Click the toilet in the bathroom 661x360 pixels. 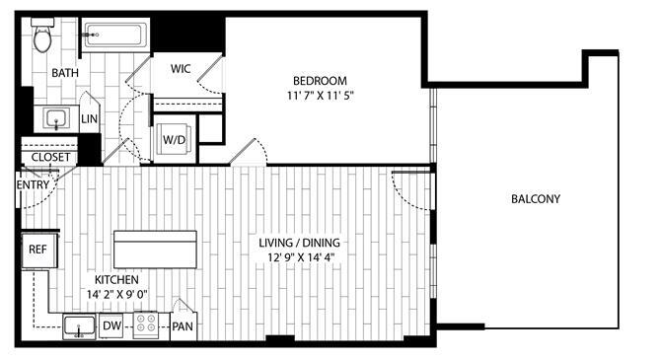tap(42, 36)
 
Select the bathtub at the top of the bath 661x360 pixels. tap(114, 36)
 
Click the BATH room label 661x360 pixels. tap(66, 73)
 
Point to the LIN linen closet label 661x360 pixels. tap(90, 119)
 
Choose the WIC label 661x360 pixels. tap(181, 69)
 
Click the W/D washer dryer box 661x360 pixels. tap(173, 139)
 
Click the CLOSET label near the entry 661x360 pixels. tap(50, 157)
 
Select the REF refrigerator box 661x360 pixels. tap(38, 251)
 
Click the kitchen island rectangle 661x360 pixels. tap(154, 250)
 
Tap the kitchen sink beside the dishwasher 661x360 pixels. tap(78, 325)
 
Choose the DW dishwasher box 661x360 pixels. tap(111, 325)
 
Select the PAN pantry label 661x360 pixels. tap(183, 326)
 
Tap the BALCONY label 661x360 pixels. tap(536, 199)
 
